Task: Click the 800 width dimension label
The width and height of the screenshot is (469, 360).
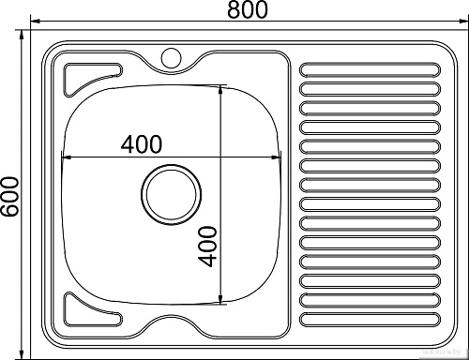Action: pos(247,10)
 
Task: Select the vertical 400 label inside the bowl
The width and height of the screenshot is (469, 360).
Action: pos(207,246)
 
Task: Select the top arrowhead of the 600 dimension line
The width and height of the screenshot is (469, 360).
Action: pos(23,37)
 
